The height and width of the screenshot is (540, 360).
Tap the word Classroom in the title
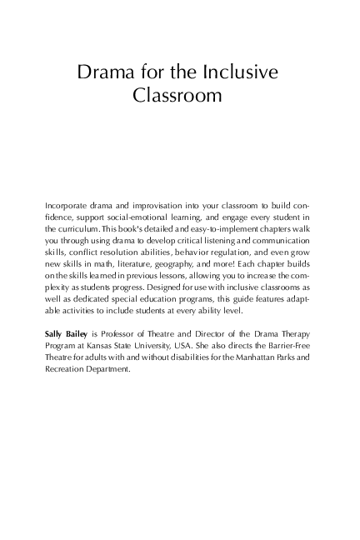pos(177,96)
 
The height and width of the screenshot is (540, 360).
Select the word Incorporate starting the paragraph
pos(71,203)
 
